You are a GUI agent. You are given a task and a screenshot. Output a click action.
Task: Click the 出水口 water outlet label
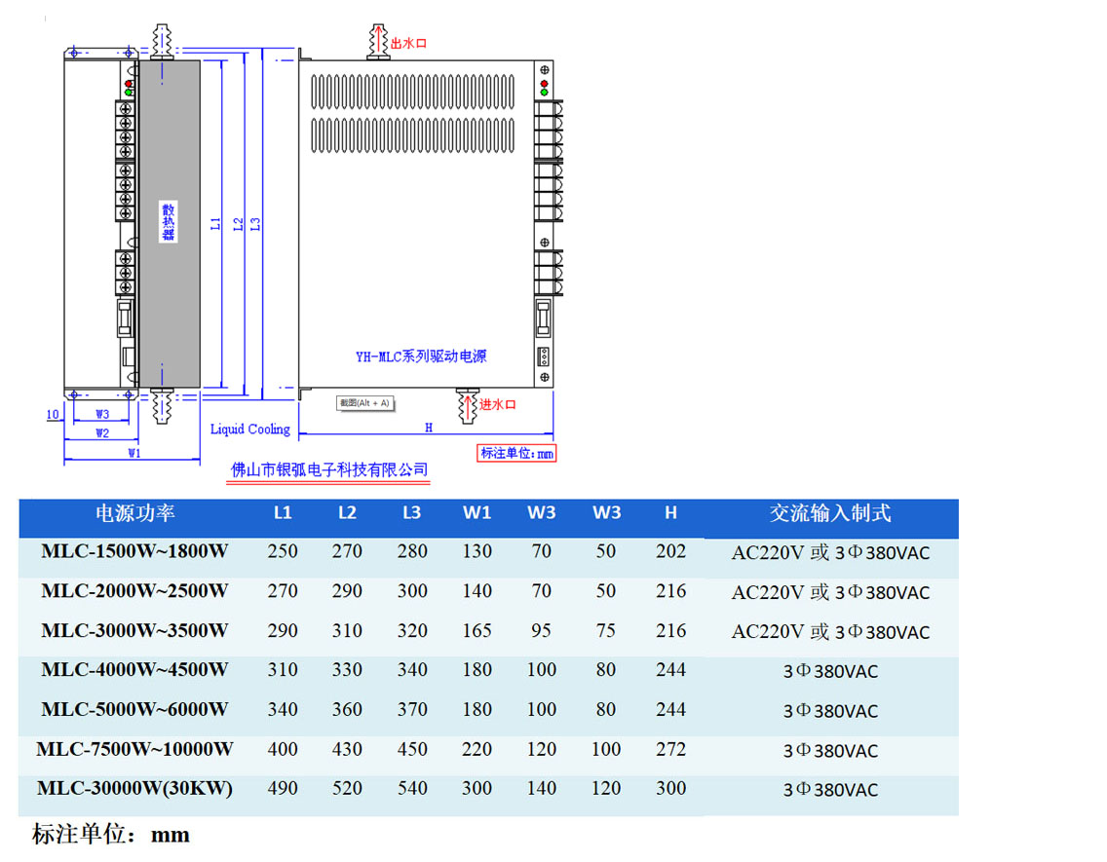click(408, 43)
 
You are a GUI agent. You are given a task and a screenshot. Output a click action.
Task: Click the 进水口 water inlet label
click(497, 404)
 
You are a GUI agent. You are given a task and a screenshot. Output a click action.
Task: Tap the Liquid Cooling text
click(250, 429)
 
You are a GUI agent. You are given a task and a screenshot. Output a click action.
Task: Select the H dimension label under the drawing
click(428, 427)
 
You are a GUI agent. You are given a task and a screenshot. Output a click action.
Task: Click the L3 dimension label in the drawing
click(255, 223)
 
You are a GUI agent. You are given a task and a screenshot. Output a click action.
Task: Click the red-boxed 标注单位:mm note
click(516, 453)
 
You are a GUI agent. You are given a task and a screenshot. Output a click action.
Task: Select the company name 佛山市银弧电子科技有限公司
click(328, 470)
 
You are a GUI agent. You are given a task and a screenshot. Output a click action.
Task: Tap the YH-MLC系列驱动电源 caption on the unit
click(420, 356)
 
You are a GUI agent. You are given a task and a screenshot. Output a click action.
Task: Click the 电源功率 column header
click(134, 513)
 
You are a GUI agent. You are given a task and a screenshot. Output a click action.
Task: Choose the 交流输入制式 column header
click(830, 513)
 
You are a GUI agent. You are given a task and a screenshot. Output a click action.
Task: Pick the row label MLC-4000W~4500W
click(134, 670)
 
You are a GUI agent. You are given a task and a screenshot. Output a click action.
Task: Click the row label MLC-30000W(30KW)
click(134, 788)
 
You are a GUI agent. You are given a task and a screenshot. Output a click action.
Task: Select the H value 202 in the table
click(670, 551)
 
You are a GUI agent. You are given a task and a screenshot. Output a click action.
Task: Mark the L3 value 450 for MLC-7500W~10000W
click(412, 749)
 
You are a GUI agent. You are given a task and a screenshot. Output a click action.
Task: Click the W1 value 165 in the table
click(477, 630)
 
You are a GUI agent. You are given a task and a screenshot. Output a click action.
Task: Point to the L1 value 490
click(283, 788)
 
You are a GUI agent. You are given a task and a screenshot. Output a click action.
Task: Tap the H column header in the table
click(670, 513)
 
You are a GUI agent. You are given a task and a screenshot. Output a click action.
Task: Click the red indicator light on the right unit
click(544, 83)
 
